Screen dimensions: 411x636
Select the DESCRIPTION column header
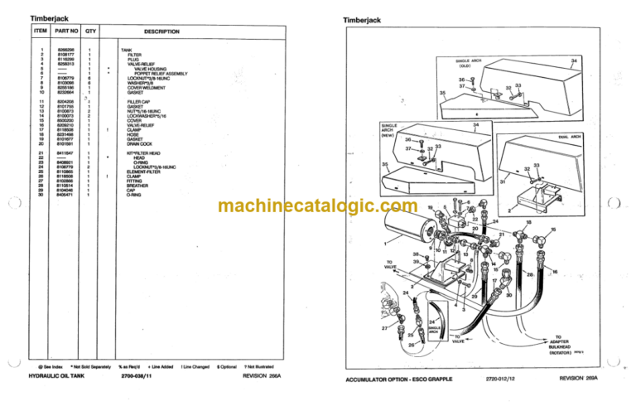tap(161, 31)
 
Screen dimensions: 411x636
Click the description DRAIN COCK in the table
tap(134, 143)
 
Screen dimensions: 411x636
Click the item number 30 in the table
tap(41, 196)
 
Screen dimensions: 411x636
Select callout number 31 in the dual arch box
tap(502, 181)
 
